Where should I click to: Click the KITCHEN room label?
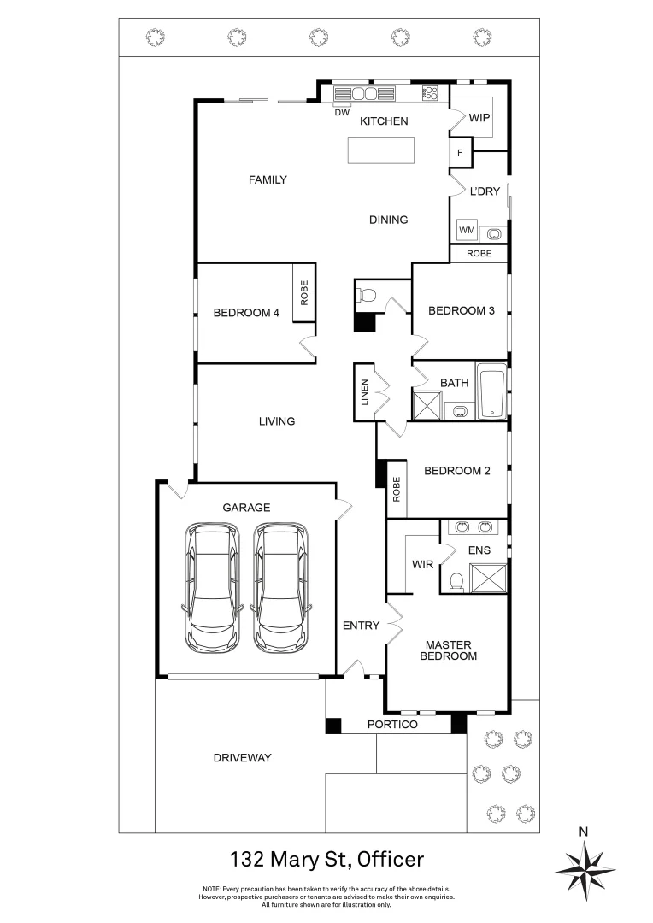coord(384,121)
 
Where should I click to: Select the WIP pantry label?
coord(479,118)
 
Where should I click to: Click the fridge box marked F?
coord(461,154)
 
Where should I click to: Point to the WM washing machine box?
coord(467,231)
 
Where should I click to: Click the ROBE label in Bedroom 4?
coord(303,294)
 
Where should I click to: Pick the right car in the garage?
coord(281,586)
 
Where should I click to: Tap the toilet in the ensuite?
coord(456,581)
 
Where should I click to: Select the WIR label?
coord(422,565)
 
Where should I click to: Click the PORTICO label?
coord(392,725)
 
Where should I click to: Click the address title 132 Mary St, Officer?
coord(326,859)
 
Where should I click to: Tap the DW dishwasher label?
coord(342,112)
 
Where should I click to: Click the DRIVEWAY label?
coord(242,758)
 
